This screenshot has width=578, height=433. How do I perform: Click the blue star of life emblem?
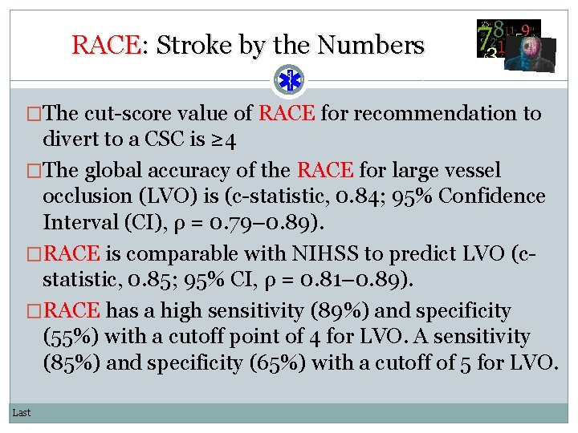point(288,80)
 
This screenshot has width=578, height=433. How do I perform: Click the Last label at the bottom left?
point(22,412)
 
